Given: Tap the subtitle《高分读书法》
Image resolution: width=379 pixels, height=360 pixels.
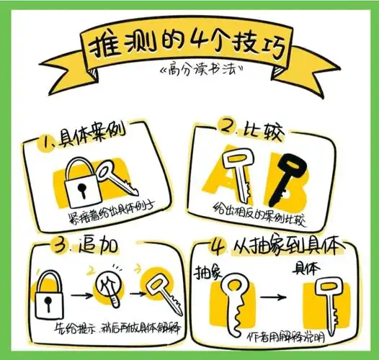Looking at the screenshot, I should pyautogui.click(x=193, y=73).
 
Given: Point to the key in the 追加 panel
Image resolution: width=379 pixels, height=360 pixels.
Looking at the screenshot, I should pyautogui.click(x=158, y=288).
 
